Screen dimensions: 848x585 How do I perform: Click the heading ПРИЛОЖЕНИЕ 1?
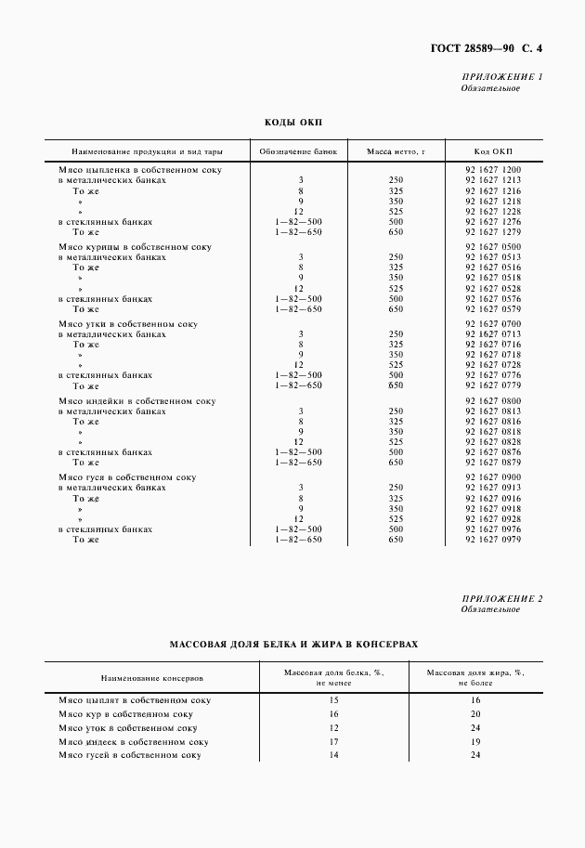501,76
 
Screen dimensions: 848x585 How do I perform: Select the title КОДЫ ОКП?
292,122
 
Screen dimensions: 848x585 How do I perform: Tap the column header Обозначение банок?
299,150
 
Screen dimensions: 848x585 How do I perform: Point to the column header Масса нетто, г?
395,150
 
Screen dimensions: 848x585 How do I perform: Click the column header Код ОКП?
492,150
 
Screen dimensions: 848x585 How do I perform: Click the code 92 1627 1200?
492,170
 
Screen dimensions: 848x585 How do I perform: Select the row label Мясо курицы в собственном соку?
135,247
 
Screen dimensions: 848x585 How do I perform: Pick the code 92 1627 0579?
492,309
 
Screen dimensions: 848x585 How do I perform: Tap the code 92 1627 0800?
492,400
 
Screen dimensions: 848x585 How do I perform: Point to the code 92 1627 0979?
492,539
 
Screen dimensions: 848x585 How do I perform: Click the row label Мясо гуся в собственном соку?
127,477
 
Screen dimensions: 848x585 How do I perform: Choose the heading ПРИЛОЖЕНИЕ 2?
501,598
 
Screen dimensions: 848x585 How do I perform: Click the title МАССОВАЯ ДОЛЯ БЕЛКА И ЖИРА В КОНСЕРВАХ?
293,643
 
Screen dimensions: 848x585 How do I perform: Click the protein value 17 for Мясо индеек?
333,742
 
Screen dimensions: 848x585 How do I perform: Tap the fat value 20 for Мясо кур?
474,713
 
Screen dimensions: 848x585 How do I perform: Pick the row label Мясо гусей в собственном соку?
130,756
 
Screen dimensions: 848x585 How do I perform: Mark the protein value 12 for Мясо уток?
333,728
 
